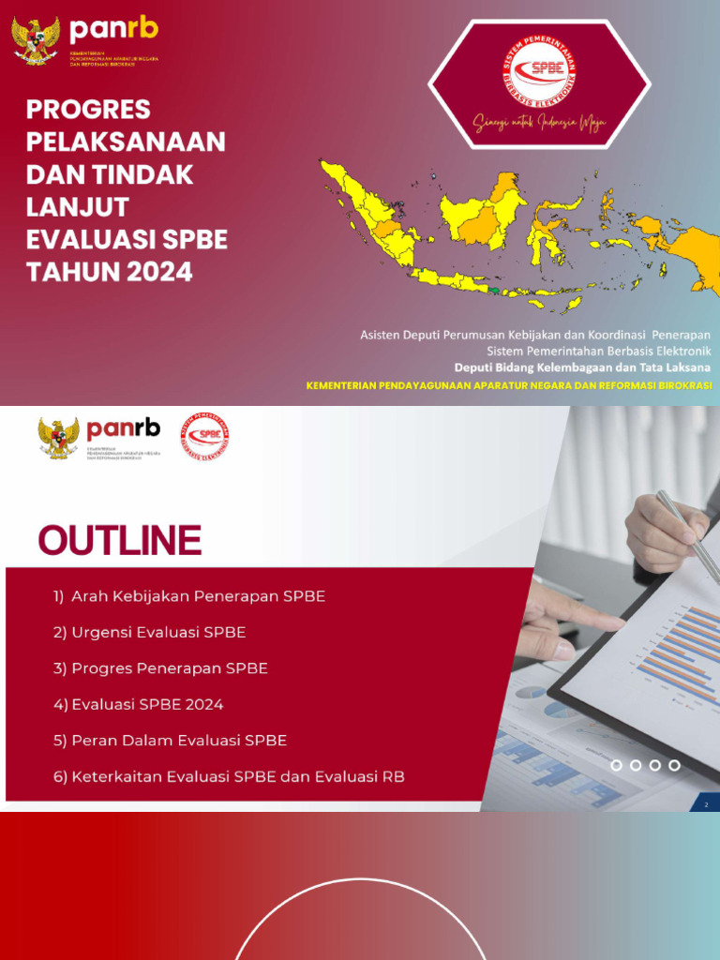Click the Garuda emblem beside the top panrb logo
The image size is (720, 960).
pyautogui.click(x=36, y=40)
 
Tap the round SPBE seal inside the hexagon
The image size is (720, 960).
pyautogui.click(x=539, y=70)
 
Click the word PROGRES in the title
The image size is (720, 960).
pyautogui.click(x=88, y=110)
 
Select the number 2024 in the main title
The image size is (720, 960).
pyautogui.click(x=156, y=272)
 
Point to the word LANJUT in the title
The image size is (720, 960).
pyautogui.click(x=78, y=207)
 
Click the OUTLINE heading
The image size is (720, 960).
pyautogui.click(x=119, y=541)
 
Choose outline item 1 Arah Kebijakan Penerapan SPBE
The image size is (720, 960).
pyautogui.click(x=189, y=596)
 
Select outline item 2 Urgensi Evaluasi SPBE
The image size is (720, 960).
pyautogui.click(x=150, y=633)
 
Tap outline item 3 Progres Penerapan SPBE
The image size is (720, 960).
pyautogui.click(x=160, y=668)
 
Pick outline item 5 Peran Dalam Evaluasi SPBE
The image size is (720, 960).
pyautogui.click(x=170, y=741)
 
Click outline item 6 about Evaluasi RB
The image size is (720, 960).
pyautogui.click(x=229, y=777)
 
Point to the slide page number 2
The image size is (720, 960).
pyautogui.click(x=706, y=804)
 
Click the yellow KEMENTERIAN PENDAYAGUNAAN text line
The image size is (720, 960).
pyautogui.click(x=509, y=385)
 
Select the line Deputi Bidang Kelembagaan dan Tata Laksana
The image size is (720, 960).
pyautogui.click(x=582, y=367)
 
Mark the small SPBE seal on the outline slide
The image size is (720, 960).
pyautogui.click(x=205, y=435)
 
